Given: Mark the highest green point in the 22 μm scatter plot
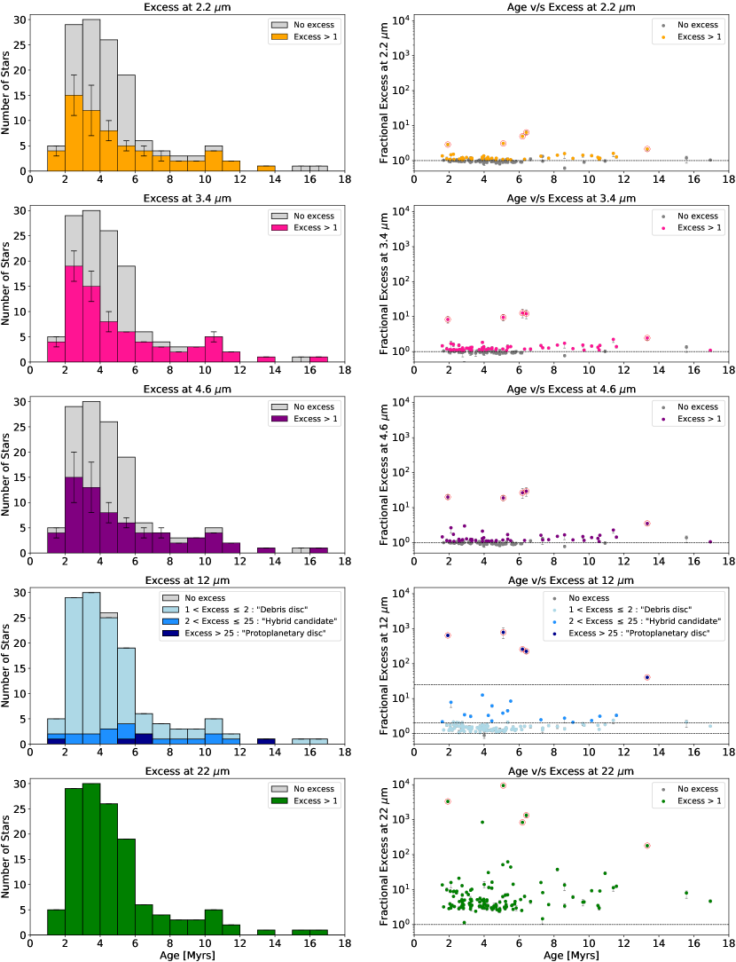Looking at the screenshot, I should pyautogui.click(x=503, y=785).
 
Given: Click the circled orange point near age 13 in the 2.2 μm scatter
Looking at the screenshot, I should pyautogui.click(x=647, y=149).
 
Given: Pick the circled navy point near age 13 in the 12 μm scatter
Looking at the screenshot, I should pyautogui.click(x=647, y=677).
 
